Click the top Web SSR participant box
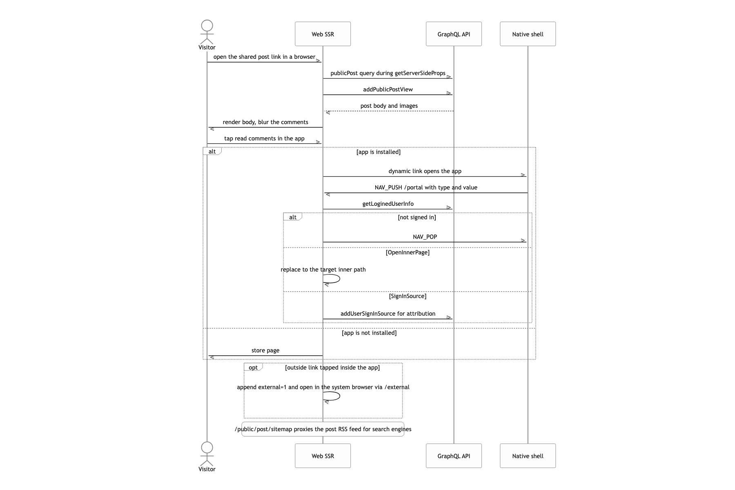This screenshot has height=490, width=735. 323,34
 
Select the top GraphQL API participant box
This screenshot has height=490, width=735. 454,34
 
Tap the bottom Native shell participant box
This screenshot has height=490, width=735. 528,456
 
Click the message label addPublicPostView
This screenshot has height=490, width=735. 388,89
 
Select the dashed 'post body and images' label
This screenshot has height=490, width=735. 389,106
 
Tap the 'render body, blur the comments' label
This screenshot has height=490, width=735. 265,122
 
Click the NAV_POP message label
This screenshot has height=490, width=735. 425,237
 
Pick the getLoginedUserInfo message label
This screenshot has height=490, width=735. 388,204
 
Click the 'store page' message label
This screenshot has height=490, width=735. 265,350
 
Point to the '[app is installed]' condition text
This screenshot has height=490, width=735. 379,152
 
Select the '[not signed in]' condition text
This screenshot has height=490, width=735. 417,217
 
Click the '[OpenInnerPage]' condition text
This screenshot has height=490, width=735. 408,252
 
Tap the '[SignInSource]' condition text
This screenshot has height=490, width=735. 408,296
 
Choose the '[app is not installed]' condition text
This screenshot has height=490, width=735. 369,333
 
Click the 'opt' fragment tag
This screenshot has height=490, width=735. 253,367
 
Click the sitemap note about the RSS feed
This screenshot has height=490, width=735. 323,429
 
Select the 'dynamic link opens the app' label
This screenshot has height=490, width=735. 425,171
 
